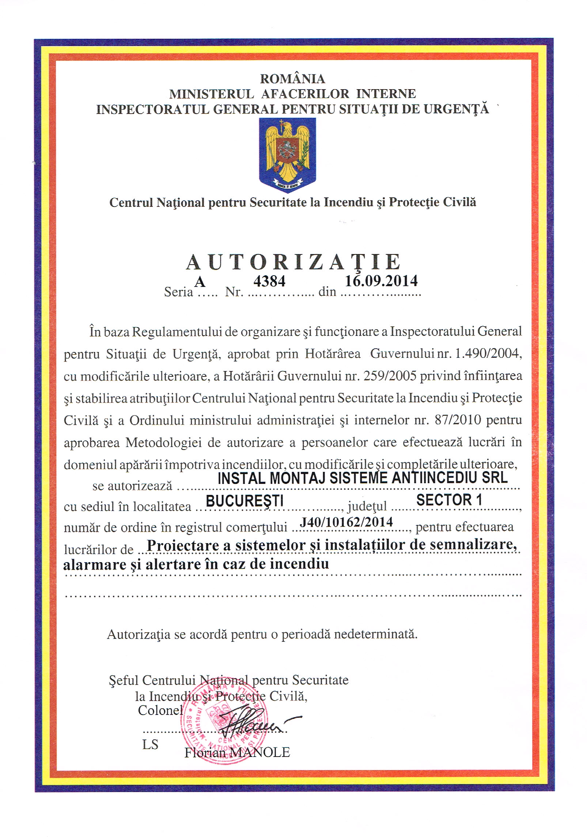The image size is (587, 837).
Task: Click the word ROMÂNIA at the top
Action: (x=292, y=79)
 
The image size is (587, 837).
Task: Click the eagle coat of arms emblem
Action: (x=287, y=154)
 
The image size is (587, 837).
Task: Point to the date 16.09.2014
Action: (x=381, y=281)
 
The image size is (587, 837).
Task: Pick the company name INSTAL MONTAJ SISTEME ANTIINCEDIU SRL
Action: (x=362, y=478)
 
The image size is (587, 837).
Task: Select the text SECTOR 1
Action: (x=449, y=500)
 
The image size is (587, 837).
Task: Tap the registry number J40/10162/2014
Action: (x=346, y=522)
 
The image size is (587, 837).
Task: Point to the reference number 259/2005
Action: (x=390, y=376)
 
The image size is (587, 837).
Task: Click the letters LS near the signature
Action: (x=150, y=744)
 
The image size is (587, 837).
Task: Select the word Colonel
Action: (x=160, y=710)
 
